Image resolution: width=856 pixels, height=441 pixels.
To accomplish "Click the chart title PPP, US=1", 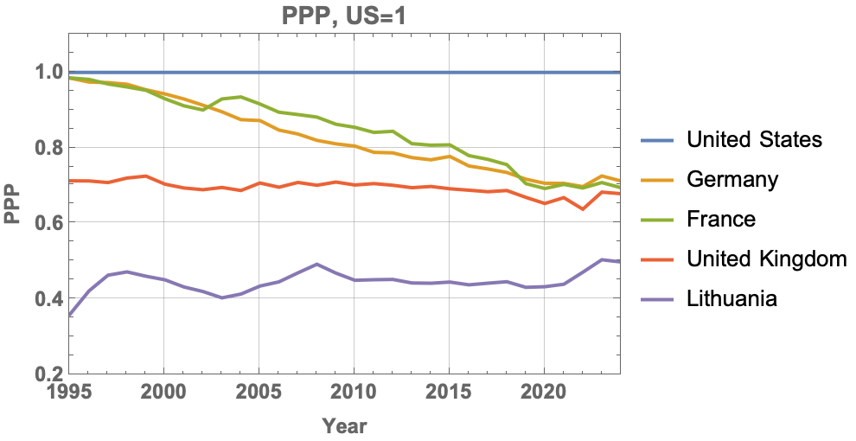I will click(x=343, y=15).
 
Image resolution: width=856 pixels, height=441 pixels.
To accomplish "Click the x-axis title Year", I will click(x=344, y=425).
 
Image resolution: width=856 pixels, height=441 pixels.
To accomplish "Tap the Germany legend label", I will click(x=731, y=179).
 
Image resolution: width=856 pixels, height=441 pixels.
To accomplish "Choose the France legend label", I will click(x=720, y=219).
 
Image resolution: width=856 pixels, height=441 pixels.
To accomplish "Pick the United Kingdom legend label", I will click(x=765, y=259).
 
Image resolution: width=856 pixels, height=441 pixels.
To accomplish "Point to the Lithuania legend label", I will click(x=731, y=298).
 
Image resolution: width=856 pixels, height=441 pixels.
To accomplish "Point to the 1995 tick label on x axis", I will click(x=68, y=390).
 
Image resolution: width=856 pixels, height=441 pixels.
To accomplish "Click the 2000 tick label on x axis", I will click(x=163, y=390).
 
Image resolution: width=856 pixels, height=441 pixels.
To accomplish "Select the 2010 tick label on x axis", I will click(x=354, y=390).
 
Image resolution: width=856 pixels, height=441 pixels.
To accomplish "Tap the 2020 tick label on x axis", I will click(x=543, y=390).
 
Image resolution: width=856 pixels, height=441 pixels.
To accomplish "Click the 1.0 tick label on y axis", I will click(x=48, y=72).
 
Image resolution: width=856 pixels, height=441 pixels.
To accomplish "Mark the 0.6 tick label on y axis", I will click(x=48, y=223).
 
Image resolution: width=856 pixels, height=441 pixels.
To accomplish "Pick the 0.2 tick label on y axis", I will click(x=48, y=374).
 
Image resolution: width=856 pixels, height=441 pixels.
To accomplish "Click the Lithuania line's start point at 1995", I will click(x=69, y=316).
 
